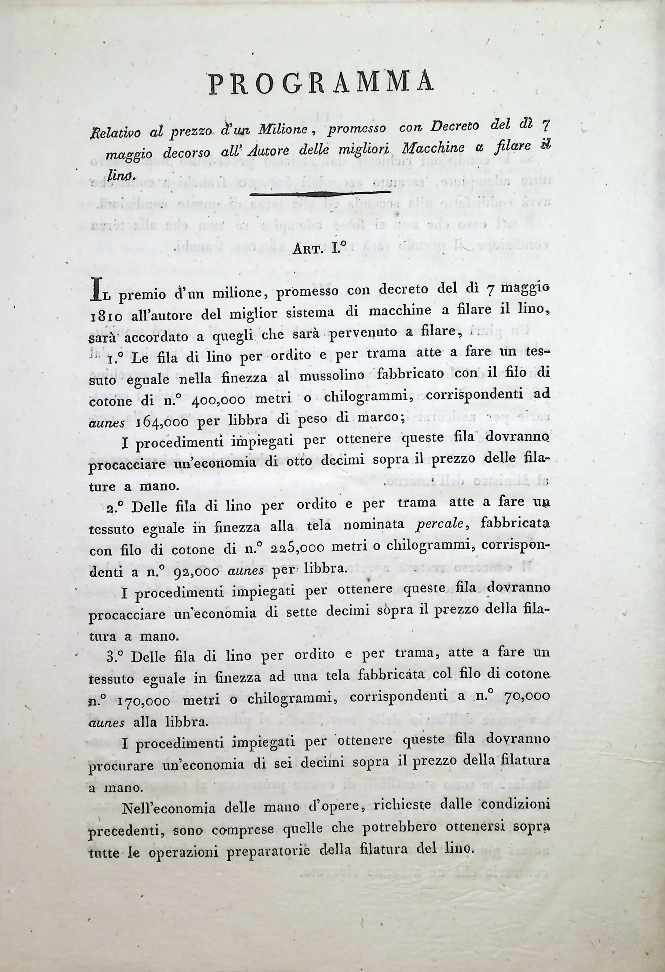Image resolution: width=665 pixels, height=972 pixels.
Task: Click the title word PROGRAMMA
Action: point(321,82)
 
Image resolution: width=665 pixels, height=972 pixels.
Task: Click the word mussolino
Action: point(332,376)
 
